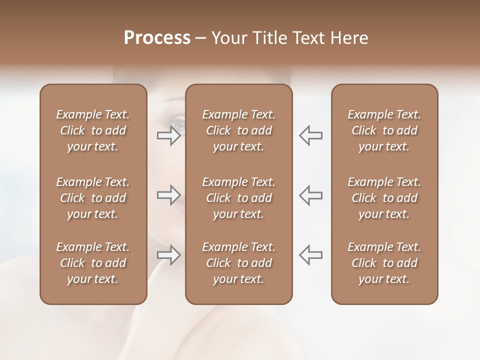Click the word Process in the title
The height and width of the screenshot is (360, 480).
coord(157,38)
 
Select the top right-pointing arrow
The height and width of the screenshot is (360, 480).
coord(169,135)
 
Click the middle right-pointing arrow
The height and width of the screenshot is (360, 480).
coord(169,195)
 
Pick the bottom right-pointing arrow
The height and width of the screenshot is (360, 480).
coord(169,255)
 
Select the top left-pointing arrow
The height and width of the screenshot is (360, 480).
coord(310,135)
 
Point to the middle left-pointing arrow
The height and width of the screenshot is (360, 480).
coord(310,195)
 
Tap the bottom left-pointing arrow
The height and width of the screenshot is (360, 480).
coord(310,255)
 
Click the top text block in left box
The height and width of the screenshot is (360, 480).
coord(93,130)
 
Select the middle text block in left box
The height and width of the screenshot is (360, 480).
coord(93,198)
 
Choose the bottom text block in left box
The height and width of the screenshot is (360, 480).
coord(93,263)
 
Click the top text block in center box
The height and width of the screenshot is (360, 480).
coord(238,130)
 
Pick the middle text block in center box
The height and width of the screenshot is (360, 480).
coord(238,198)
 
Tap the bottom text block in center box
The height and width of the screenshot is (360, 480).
coord(238,263)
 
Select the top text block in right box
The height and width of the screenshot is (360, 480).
coord(384,130)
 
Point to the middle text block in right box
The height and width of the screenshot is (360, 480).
coord(384,198)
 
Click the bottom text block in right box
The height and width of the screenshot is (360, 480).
coord(384,263)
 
